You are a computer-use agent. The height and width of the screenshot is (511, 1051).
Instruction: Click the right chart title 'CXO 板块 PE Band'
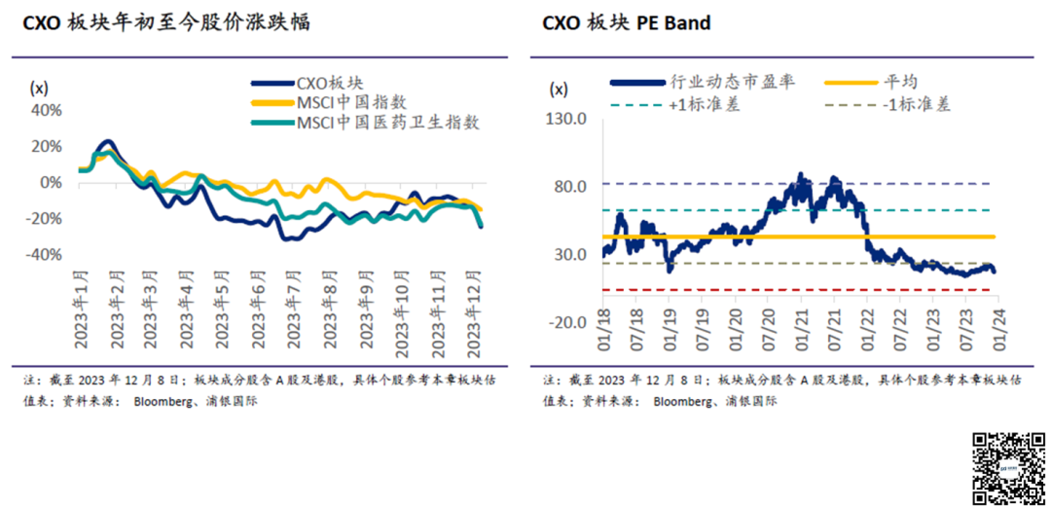click(x=626, y=22)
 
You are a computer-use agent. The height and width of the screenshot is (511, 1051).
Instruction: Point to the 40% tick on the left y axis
click(x=47, y=109)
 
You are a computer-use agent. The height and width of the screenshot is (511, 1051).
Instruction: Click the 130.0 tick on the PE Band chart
click(x=569, y=119)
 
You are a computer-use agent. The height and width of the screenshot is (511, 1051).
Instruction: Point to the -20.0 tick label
click(x=569, y=322)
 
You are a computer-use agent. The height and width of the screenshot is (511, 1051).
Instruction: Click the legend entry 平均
click(x=900, y=83)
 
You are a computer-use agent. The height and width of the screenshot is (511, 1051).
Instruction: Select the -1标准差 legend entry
click(x=917, y=104)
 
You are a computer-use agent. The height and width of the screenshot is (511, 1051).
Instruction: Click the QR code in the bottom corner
click(x=1006, y=466)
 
